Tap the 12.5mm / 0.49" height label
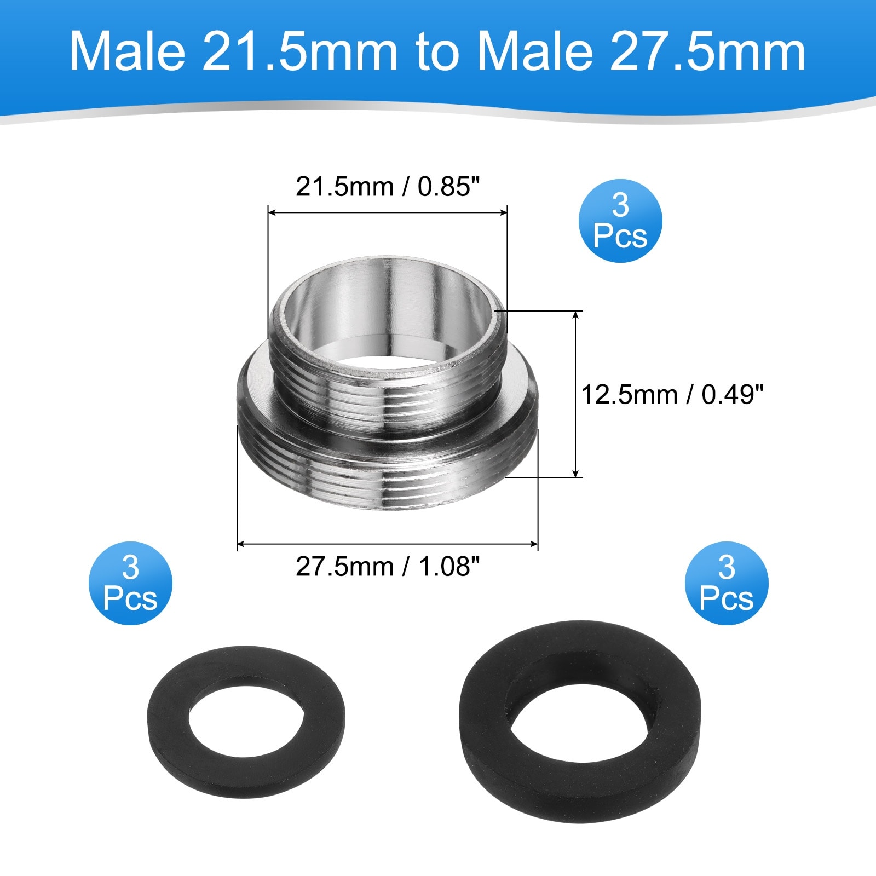coord(672,394)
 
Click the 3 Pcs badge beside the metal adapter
coord(620,221)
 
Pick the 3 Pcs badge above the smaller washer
coord(130,583)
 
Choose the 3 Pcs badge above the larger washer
coord(727,583)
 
